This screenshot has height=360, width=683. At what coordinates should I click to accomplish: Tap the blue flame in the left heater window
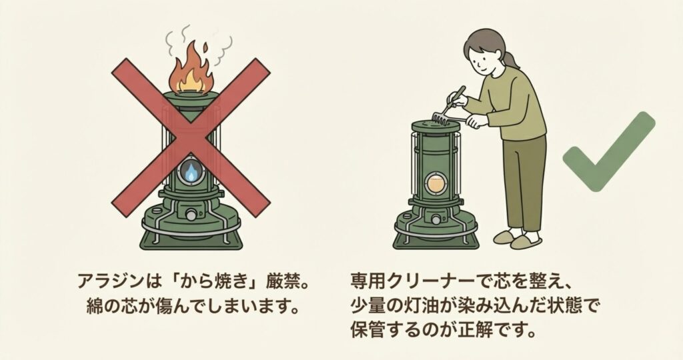[x=191, y=173]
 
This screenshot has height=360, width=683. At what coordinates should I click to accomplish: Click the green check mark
[x=609, y=151]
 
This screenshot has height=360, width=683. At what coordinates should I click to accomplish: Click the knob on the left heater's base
[x=191, y=215]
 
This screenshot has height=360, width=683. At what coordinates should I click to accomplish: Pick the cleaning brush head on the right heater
[x=441, y=118]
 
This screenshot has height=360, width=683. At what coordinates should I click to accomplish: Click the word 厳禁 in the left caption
[x=283, y=281]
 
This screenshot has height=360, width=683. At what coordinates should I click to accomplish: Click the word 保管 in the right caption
[x=368, y=331]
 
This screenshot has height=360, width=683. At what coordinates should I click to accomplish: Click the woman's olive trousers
[x=524, y=183]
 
